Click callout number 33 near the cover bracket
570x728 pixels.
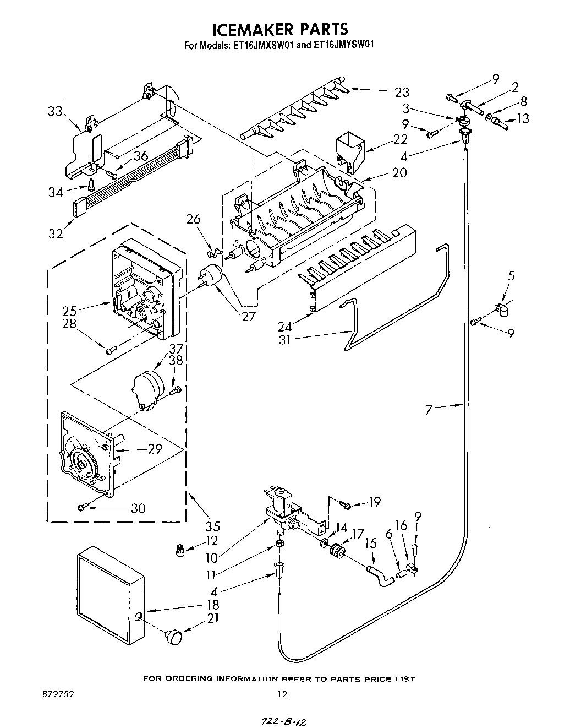pyautogui.click(x=55, y=112)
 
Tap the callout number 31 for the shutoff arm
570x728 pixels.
pyautogui.click(x=284, y=340)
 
